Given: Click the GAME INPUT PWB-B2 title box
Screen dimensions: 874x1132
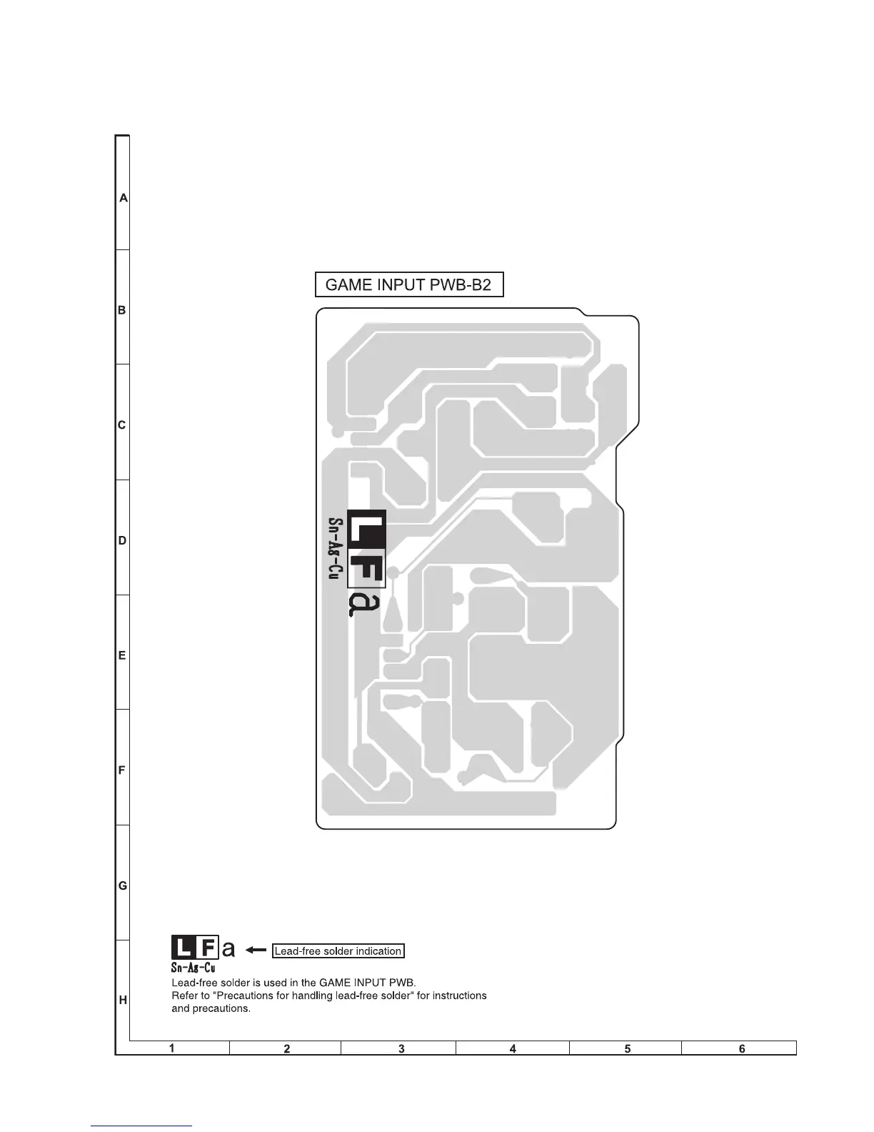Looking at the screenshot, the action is click(409, 284).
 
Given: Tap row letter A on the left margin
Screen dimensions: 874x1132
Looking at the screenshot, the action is click(124, 198).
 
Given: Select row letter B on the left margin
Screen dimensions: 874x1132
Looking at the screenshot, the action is click(122, 310).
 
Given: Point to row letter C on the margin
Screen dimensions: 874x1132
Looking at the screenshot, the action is click(122, 425).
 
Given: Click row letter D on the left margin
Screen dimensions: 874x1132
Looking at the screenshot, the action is click(122, 541).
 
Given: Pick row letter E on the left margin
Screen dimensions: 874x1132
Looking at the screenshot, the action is click(122, 655).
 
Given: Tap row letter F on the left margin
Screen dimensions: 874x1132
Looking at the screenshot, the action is click(122, 770).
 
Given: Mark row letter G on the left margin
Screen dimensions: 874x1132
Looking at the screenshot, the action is click(123, 885).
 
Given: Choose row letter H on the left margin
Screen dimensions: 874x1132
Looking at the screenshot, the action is click(123, 1001).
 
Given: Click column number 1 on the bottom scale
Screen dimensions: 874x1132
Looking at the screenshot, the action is click(172, 1048).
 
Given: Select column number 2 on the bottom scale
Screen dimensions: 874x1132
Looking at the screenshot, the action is click(287, 1048).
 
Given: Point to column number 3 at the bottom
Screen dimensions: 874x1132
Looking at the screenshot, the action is click(401, 1048).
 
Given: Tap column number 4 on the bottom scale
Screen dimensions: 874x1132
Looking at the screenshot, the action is click(513, 1048).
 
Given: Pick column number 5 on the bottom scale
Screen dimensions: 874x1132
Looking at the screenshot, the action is click(628, 1048).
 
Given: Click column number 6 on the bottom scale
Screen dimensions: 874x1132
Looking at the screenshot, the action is click(743, 1048).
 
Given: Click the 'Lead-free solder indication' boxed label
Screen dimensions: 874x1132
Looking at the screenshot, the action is click(338, 950).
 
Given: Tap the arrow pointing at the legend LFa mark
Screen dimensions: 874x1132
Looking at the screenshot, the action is click(256, 950).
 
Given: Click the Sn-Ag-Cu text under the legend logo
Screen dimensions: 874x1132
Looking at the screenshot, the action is click(193, 968).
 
